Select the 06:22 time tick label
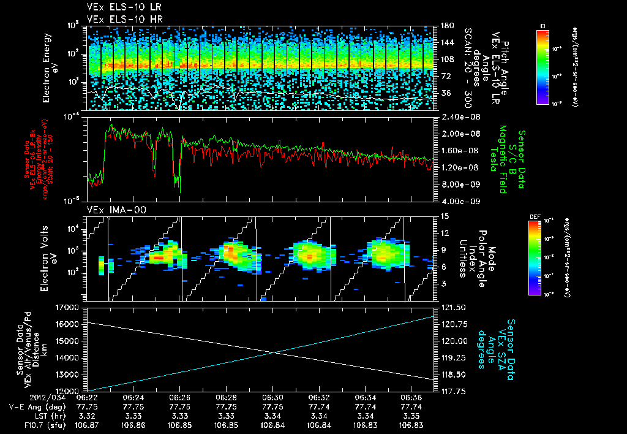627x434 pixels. point(87,397)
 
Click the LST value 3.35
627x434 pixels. point(411,416)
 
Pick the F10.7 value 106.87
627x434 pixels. point(87,425)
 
